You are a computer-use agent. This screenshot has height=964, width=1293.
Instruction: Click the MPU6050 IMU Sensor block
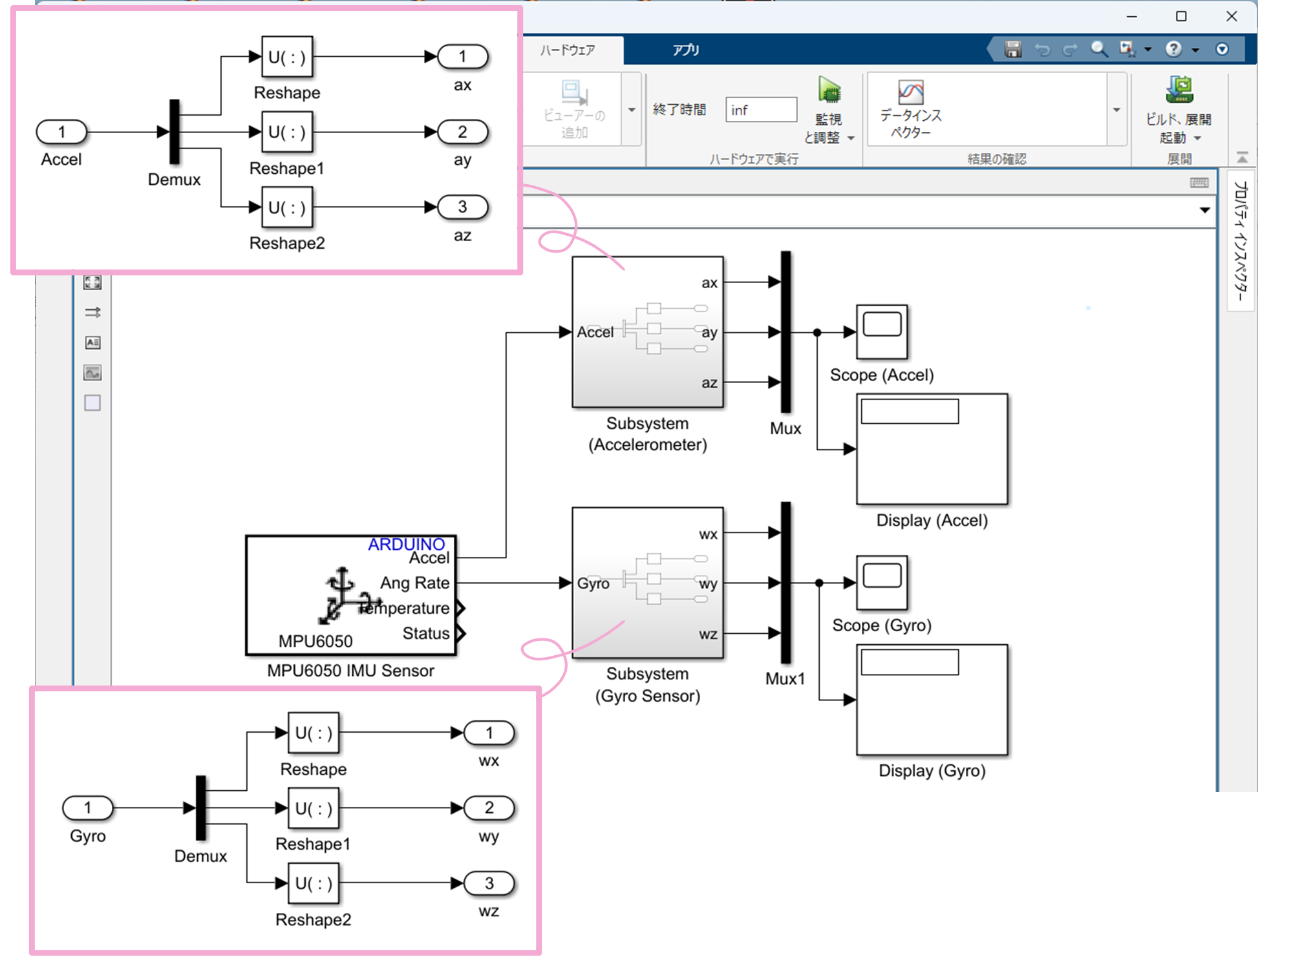coord(351,595)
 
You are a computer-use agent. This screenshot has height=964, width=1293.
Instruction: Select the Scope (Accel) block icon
coord(882,331)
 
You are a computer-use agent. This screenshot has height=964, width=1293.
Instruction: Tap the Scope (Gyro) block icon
coord(882,582)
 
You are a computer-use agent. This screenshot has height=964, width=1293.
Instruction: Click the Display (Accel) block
coord(932,449)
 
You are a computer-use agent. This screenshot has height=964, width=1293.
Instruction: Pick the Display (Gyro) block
coord(932,700)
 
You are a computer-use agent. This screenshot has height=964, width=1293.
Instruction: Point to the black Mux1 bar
coord(785,583)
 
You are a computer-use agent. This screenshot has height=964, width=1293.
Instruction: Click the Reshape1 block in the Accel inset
coord(287,132)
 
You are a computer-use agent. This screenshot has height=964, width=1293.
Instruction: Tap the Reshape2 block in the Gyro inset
coord(314,883)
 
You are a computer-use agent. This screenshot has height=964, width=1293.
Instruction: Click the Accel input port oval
coord(61,132)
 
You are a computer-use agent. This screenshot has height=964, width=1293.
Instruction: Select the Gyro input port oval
coord(88,808)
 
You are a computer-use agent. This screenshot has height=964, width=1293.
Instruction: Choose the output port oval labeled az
coord(463,207)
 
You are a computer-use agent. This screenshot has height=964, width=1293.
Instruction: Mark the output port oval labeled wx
coord(489,733)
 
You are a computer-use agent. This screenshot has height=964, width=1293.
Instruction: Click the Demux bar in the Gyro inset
coord(201,808)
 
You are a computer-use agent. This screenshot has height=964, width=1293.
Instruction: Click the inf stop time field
coord(761,110)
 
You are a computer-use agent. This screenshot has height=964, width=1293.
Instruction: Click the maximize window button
coord(1181,16)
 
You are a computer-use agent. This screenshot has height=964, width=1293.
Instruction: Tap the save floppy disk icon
coord(1013,49)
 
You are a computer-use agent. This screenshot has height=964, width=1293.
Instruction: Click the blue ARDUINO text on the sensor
coord(406,544)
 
